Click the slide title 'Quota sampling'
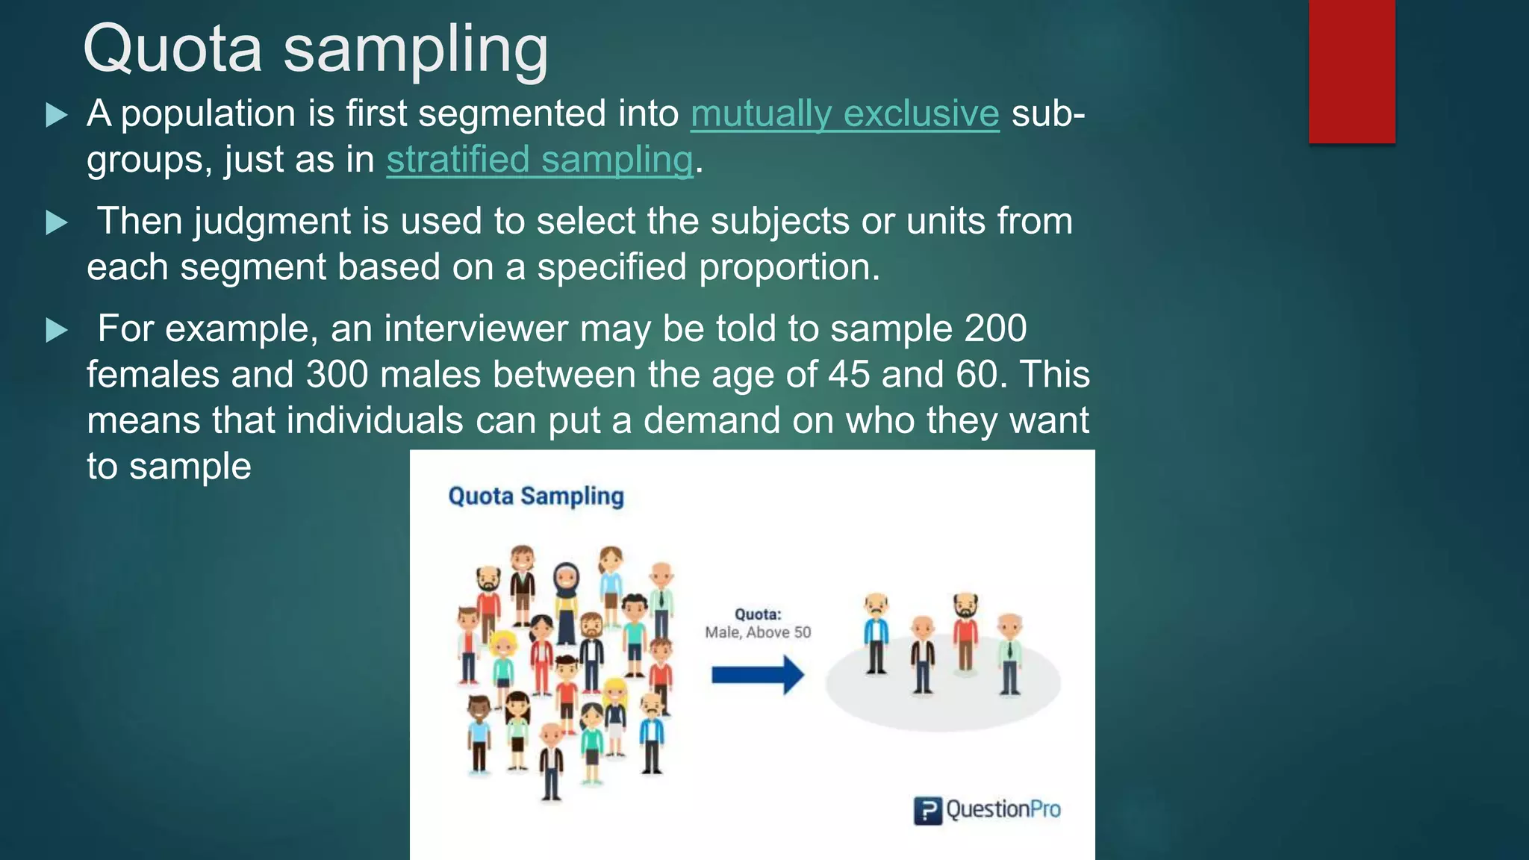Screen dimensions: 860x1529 (315, 49)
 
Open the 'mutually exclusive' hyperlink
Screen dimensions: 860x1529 (844, 114)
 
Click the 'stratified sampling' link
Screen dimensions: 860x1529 (539, 160)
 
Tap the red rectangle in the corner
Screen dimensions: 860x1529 (1351, 71)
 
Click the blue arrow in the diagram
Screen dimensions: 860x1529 (757, 675)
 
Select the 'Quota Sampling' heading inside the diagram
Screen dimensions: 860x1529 (535, 496)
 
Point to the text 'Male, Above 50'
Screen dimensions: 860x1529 (758, 632)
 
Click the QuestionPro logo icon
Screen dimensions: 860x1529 (927, 810)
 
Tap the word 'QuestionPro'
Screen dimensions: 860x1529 (1003, 809)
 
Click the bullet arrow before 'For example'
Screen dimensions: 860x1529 (57, 330)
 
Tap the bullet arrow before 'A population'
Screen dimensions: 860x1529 (57, 115)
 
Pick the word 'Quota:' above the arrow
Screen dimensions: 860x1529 (758, 614)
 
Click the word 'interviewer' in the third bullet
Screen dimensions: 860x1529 (476, 329)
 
